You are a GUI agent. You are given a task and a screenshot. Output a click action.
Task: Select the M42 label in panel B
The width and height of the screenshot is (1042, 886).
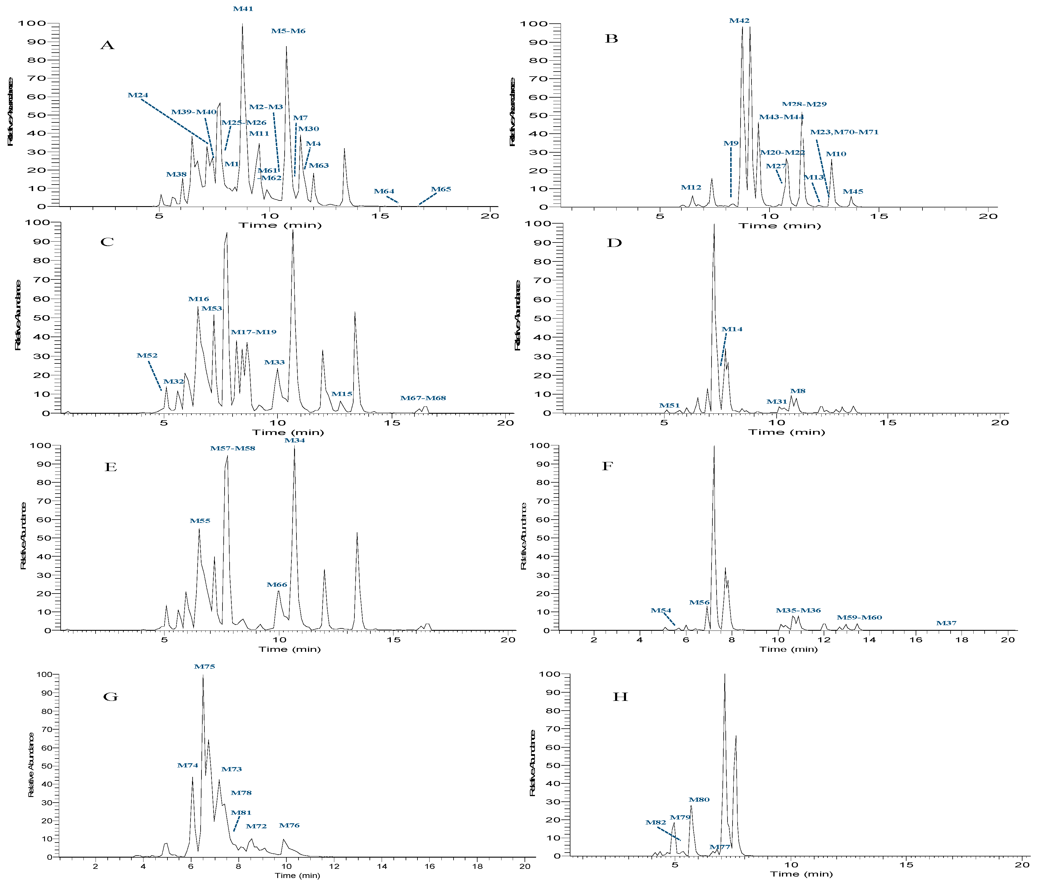tap(739, 21)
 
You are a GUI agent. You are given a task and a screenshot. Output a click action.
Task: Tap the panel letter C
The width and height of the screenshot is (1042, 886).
tap(107, 242)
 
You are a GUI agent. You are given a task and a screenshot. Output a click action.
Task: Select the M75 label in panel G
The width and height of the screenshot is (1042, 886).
tap(204, 667)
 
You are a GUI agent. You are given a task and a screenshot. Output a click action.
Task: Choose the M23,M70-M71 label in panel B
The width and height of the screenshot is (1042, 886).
tap(844, 132)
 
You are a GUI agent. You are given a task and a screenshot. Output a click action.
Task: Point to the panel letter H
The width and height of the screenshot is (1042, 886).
tap(620, 697)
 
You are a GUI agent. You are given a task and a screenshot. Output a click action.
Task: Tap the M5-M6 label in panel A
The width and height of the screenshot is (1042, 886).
tap(288, 31)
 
